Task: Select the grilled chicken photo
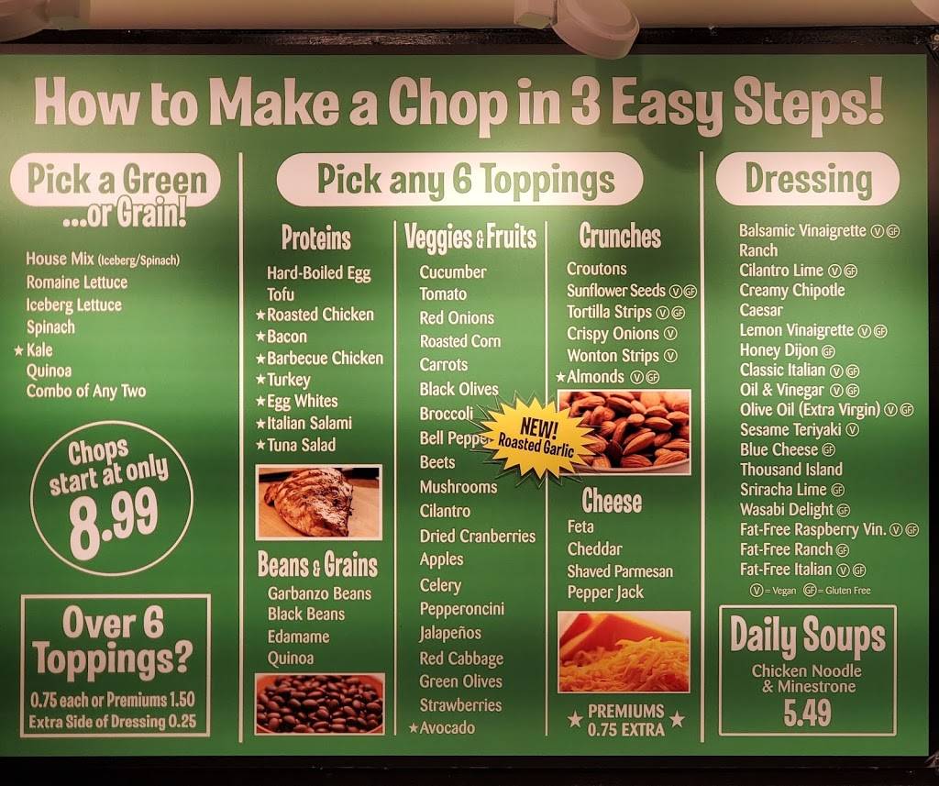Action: tap(318, 502)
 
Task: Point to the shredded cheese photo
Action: tap(624, 651)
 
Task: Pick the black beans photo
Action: tap(319, 703)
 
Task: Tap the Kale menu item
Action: tap(39, 349)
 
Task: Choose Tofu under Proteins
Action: tap(281, 293)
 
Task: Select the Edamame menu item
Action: tap(298, 637)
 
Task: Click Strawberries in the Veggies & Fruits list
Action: tap(460, 705)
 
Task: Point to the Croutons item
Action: tap(597, 269)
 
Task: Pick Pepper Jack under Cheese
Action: tap(605, 592)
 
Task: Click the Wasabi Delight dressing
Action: tap(787, 510)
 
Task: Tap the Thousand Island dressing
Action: tap(790, 470)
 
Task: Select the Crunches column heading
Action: tap(620, 236)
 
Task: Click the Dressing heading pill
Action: tap(807, 179)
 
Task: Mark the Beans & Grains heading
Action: tap(316, 564)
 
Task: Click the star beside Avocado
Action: tap(414, 728)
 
